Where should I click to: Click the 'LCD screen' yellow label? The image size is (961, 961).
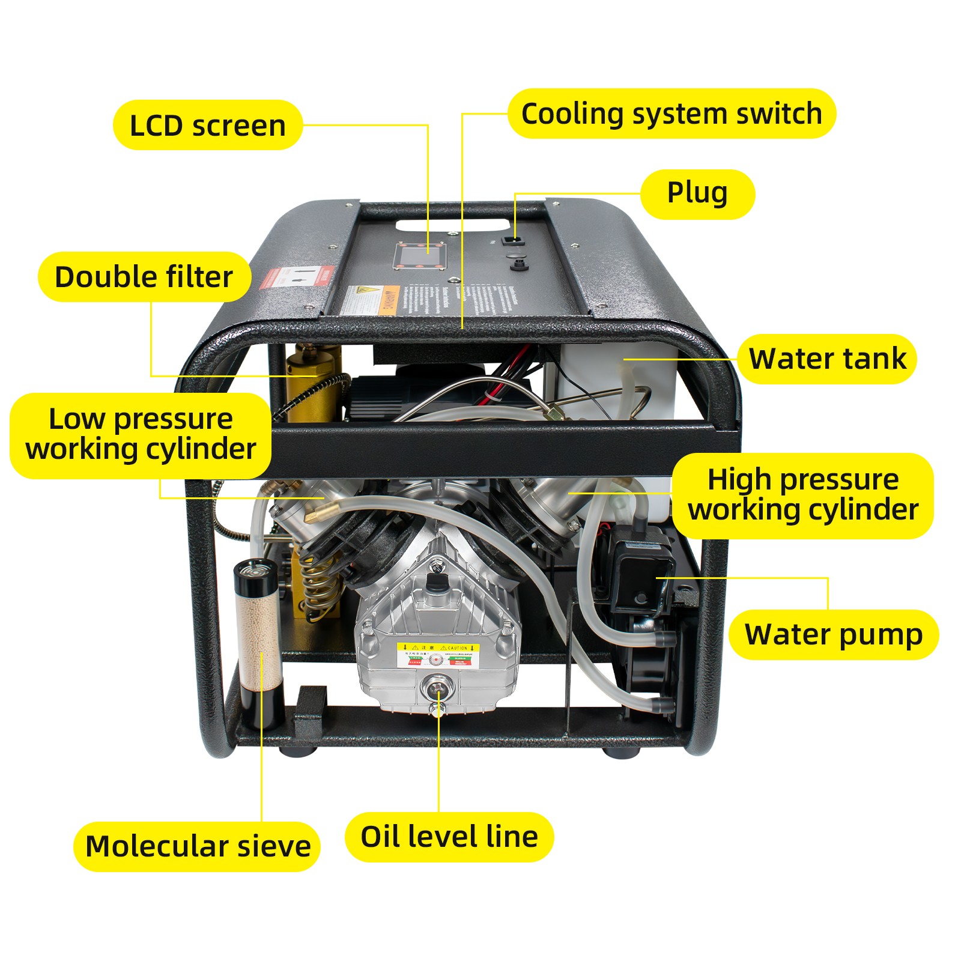207,125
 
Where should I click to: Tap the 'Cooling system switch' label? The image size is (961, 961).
671,114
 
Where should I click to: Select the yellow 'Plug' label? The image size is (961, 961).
697,193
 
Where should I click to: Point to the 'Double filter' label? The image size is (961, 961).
144,277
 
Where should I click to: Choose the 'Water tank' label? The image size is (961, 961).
827,359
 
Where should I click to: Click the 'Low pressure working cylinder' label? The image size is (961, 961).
141,434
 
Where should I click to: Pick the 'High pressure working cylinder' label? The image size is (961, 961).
803,495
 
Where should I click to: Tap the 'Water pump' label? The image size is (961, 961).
834,634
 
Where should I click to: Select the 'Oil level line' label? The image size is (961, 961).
449,837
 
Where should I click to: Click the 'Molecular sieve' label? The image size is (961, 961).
198,846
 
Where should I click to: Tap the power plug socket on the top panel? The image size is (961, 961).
512,240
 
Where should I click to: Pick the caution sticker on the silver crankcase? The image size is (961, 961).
438,656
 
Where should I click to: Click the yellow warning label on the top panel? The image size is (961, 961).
369,300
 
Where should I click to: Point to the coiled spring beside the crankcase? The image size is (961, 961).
317,586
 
